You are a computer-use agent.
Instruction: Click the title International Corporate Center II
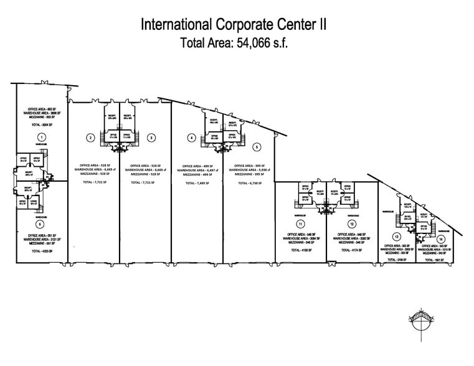point(235,24)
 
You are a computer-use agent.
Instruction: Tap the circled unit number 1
point(41,136)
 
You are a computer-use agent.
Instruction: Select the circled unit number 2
point(91,138)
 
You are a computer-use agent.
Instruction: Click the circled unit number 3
point(151,138)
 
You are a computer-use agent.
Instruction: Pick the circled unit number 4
point(192,138)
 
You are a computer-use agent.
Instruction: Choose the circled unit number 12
point(352,223)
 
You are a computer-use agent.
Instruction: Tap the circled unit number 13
point(396,237)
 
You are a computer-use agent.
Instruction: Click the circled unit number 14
point(441,239)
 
